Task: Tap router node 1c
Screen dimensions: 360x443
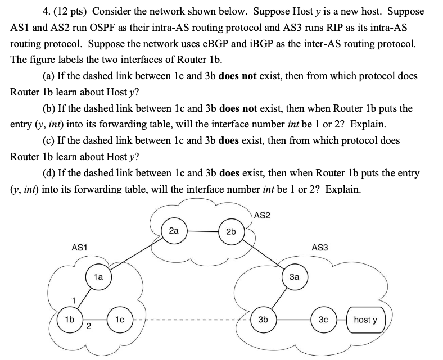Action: click(x=120, y=320)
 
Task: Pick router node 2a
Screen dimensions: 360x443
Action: click(x=174, y=230)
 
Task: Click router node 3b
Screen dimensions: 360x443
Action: click(x=263, y=320)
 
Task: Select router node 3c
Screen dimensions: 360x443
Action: click(x=323, y=320)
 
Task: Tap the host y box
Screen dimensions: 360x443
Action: click(x=365, y=320)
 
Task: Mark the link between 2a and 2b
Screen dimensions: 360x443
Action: click(x=202, y=230)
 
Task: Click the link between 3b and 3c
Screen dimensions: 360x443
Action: click(x=293, y=320)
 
